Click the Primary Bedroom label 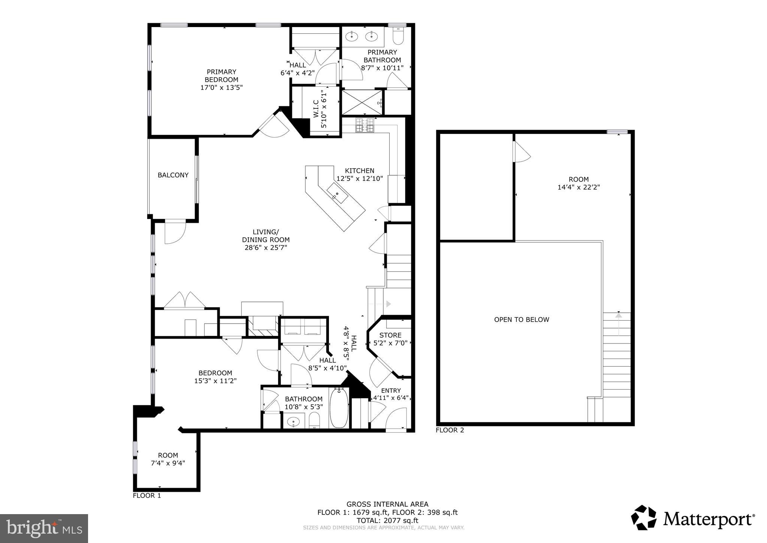(221, 76)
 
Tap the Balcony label (173, 175)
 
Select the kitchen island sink (337, 194)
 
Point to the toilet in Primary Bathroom (398, 36)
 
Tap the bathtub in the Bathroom (339, 408)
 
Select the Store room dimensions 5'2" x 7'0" (390, 343)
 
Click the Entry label (391, 390)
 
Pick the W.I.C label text (316, 109)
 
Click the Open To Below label (521, 319)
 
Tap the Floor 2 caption (450, 430)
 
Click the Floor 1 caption (147, 495)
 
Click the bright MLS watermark (44, 528)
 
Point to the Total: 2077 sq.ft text (387, 520)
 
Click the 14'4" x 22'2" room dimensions (579, 187)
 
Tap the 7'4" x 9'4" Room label (168, 463)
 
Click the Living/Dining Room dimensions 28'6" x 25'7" (266, 247)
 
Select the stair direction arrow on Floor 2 (618, 316)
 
